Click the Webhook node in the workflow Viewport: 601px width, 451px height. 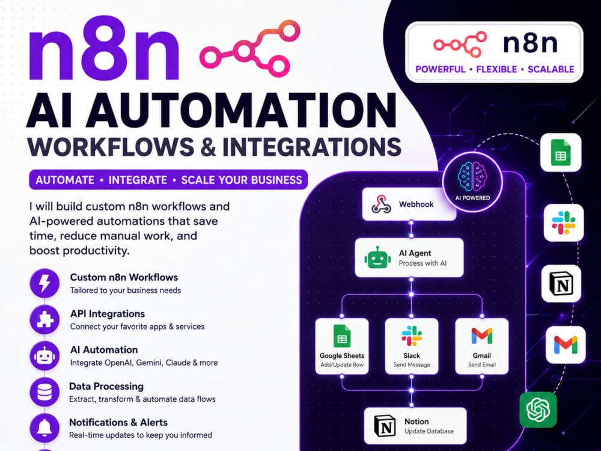(409, 204)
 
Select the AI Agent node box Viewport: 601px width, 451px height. (409, 258)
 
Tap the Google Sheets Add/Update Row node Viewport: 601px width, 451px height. (342, 346)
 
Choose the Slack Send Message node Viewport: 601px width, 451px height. (412, 346)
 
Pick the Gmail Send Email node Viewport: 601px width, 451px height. (482, 346)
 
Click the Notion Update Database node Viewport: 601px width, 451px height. (415, 426)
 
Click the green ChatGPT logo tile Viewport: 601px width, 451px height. (538, 410)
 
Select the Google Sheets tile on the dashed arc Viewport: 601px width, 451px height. (561, 152)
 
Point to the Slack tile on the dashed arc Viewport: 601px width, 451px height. (564, 222)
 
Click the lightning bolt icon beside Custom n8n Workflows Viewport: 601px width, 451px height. (45, 283)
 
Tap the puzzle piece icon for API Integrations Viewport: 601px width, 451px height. (45, 319)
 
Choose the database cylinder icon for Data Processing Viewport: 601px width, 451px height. (45, 392)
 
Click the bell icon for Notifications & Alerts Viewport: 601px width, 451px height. (45, 428)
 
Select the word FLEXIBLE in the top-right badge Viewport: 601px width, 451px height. (496, 69)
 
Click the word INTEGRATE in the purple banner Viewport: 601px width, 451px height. (138, 180)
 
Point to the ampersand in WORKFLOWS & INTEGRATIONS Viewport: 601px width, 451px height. (208, 147)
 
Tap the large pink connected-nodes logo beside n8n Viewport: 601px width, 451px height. (250, 49)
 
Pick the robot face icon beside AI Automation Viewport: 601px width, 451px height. (45, 356)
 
